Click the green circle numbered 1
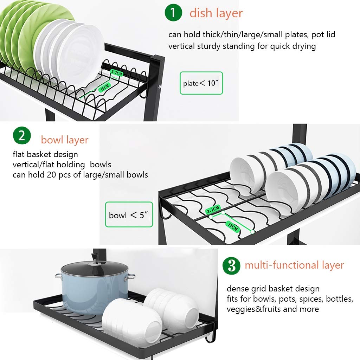[173, 13]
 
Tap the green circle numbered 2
[22, 135]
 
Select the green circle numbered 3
[231, 266]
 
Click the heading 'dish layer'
[216, 13]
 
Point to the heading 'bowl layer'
[65, 140]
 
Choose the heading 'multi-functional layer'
[294, 265]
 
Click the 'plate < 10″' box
[201, 83]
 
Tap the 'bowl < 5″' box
[129, 214]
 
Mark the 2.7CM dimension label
[117, 73]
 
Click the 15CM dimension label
[105, 88]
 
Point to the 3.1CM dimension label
[213, 210]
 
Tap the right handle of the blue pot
[130, 277]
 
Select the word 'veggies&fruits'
[254, 309]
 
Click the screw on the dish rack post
[160, 87]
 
